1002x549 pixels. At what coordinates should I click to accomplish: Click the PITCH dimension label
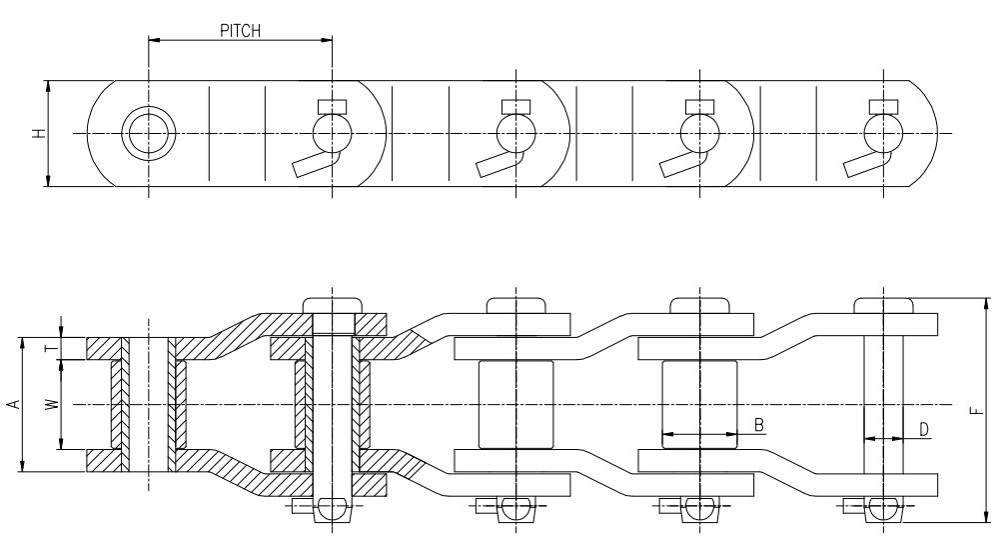pos(240,31)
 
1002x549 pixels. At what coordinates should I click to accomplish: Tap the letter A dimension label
pos(12,404)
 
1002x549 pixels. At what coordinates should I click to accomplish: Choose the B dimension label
pos(759,426)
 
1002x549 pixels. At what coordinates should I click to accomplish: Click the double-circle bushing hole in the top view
pos(148,133)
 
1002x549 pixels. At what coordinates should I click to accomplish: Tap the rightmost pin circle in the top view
pos(883,132)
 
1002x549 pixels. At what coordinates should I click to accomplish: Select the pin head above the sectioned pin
pos(332,305)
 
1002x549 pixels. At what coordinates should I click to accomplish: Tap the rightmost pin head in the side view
pos(883,305)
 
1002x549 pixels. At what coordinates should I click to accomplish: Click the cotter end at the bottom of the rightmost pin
pos(883,509)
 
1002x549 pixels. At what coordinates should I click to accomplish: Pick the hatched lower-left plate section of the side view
pos(103,459)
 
